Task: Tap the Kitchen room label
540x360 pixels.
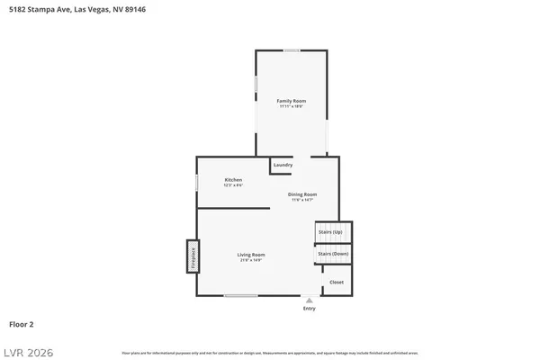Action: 233,180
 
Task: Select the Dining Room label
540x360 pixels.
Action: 302,194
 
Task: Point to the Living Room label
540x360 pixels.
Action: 251,255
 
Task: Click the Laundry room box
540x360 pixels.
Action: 283,166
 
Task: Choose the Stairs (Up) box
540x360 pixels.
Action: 330,232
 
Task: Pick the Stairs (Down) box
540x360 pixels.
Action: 332,254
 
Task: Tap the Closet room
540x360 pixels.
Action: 336,282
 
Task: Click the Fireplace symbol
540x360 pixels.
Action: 192,255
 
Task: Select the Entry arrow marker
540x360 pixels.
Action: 310,301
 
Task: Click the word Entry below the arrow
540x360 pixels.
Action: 310,309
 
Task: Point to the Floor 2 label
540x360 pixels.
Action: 22,323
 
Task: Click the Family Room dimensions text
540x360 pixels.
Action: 291,106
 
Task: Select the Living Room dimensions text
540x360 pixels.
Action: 251,261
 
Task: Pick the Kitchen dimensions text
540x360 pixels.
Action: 233,185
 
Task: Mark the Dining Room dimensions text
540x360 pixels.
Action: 302,200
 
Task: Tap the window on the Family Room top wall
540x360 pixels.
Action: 292,50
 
